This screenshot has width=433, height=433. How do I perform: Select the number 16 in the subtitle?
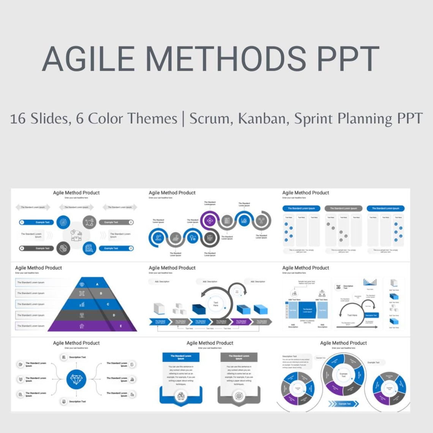click(18, 119)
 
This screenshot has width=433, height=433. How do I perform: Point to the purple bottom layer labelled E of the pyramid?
click(95, 326)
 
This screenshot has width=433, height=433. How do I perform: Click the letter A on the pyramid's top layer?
click(97, 284)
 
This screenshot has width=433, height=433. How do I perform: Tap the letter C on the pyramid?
click(108, 304)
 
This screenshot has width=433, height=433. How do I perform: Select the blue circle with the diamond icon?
click(76, 379)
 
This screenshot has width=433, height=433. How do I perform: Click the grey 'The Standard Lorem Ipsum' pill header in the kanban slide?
click(343, 208)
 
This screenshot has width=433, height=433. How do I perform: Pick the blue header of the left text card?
click(181, 357)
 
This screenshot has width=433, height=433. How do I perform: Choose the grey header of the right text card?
click(239, 357)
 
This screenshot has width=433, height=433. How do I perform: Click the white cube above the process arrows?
click(159, 308)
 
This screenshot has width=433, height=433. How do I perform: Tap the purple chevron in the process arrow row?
click(241, 322)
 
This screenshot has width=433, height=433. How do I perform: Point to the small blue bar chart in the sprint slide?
click(370, 282)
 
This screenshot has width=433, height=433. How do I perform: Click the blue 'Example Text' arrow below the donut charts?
click(344, 404)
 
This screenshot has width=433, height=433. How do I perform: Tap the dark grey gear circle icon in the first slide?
click(63, 248)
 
